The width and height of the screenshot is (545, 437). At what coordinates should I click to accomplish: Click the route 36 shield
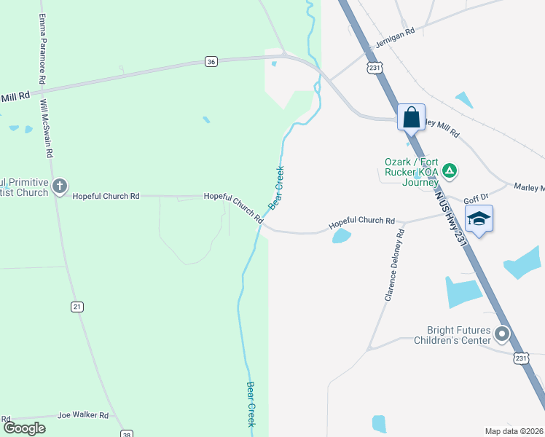[211, 62]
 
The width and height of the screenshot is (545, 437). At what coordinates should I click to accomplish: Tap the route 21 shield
[77, 307]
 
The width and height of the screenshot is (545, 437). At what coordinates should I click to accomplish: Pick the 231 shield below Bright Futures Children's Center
[520, 358]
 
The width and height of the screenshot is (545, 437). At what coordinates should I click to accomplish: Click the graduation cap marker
[479, 219]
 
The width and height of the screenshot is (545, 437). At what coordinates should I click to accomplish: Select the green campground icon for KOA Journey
[450, 172]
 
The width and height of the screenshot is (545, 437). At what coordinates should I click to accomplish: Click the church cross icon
[60, 187]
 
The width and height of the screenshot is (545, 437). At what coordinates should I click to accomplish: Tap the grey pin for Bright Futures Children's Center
[502, 334]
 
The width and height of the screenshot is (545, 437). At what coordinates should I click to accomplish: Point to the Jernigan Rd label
[395, 37]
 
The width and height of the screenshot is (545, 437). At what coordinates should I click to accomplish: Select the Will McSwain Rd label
[47, 127]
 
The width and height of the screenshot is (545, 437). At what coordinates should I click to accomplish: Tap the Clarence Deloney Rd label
[394, 266]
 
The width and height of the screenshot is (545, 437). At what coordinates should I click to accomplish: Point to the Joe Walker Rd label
[82, 415]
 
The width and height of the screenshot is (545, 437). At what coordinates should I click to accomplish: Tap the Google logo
[24, 428]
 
